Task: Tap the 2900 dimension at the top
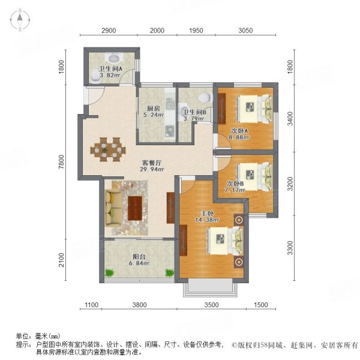pyautogui.click(x=109, y=31)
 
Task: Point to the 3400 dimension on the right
pyautogui.click(x=290, y=119)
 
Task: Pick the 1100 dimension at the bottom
pyautogui.click(x=90, y=305)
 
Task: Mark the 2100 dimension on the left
pyautogui.click(x=61, y=259)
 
